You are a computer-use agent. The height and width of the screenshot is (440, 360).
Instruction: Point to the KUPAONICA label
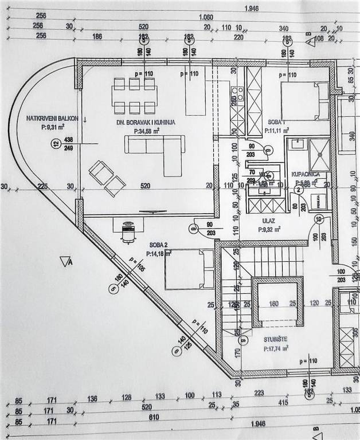click(x=304, y=173)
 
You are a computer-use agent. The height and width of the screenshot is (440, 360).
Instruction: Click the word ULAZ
click(x=268, y=219)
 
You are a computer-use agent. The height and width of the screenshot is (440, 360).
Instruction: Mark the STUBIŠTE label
click(x=275, y=339)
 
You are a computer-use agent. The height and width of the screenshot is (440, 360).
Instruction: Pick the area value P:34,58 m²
click(x=146, y=131)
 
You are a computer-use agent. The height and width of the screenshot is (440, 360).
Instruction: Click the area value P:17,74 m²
click(x=275, y=348)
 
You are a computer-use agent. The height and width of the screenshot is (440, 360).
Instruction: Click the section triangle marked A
click(x=66, y=262)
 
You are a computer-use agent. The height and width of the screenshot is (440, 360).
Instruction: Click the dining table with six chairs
click(x=134, y=96)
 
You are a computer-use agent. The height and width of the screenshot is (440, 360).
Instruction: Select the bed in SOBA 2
click(x=185, y=269)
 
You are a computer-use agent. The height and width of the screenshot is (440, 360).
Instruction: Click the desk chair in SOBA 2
click(x=128, y=233)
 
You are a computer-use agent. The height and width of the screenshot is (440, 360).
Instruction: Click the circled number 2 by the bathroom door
click(x=298, y=190)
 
